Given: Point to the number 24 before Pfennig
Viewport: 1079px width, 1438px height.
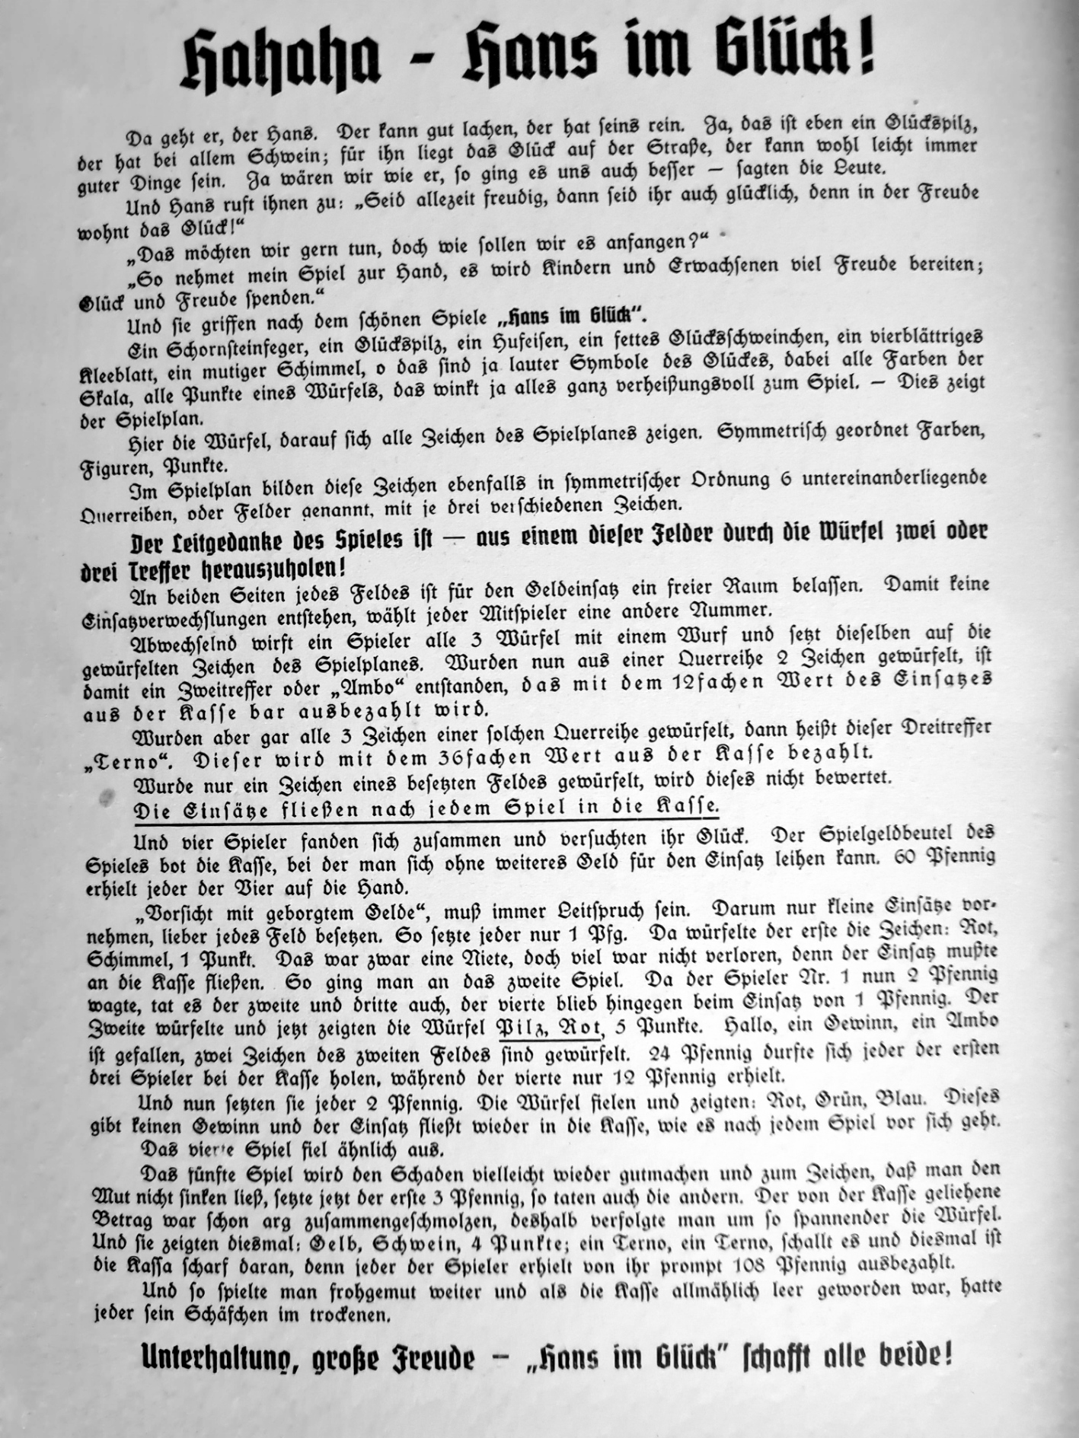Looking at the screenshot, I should coord(659,1054).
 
